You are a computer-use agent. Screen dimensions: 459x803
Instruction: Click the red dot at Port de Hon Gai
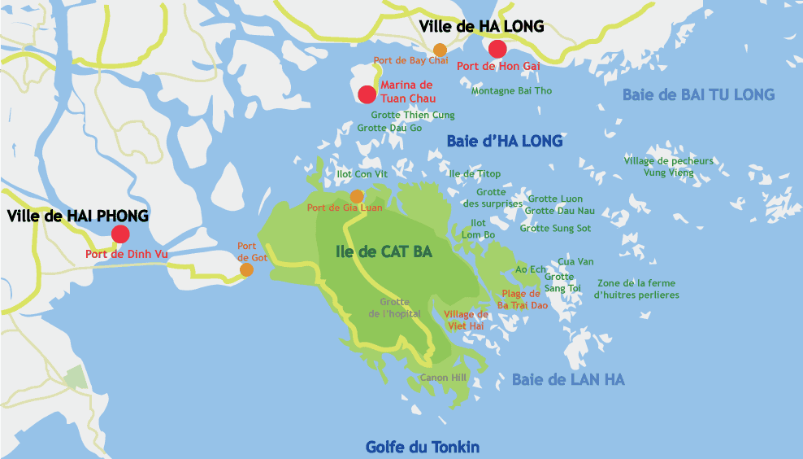[x=497, y=49]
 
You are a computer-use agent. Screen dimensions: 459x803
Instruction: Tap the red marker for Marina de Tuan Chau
[x=367, y=94]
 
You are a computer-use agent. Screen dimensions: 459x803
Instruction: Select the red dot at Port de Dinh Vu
[x=120, y=234]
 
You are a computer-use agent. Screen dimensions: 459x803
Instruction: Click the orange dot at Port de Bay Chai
[x=440, y=50]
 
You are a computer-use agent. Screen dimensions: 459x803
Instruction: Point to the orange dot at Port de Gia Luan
[x=356, y=196]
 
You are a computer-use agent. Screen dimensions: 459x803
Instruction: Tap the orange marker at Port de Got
[x=246, y=269]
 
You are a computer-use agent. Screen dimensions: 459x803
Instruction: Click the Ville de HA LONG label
[x=481, y=27]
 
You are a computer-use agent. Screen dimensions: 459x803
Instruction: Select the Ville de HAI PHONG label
[x=78, y=216]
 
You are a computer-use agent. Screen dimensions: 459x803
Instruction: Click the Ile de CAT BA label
[x=384, y=251]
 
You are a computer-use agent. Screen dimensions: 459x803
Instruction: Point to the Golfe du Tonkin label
[x=422, y=447]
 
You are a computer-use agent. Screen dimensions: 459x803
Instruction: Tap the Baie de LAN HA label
[x=568, y=379]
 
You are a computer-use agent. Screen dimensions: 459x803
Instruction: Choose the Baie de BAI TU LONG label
[x=698, y=94]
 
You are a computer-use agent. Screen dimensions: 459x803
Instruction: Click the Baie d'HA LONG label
[x=504, y=141]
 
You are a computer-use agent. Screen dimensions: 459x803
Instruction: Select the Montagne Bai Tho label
[x=511, y=90]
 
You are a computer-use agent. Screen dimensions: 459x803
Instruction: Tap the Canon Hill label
[x=442, y=378]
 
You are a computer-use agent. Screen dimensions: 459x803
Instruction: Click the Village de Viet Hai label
[x=466, y=320]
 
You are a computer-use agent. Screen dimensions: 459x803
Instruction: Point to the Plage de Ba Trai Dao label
[x=523, y=299]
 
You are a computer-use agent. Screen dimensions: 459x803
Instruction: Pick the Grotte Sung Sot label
[x=555, y=228]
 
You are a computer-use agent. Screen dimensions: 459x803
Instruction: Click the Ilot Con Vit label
[x=362, y=174]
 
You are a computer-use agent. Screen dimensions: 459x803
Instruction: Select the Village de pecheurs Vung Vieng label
[x=669, y=167]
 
